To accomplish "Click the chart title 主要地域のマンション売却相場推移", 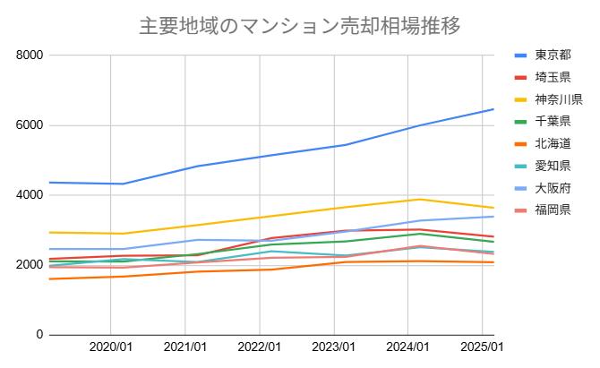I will coord(300,25).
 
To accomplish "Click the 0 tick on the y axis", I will coord(39,335).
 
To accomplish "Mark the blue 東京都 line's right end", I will coord(493,109).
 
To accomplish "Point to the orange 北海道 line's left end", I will coord(50,278).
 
